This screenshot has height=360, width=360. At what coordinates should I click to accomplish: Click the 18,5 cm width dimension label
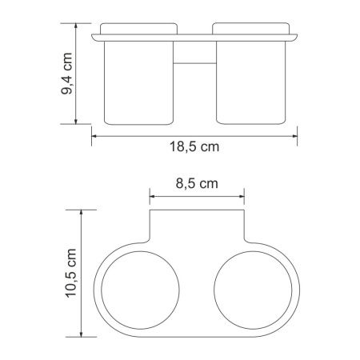tap(196, 149)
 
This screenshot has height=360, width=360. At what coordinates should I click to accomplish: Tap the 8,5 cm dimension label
tap(196, 183)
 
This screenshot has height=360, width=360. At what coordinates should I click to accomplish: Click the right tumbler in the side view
tap(253, 84)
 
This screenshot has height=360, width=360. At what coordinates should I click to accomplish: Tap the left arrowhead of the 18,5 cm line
tap(93, 135)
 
